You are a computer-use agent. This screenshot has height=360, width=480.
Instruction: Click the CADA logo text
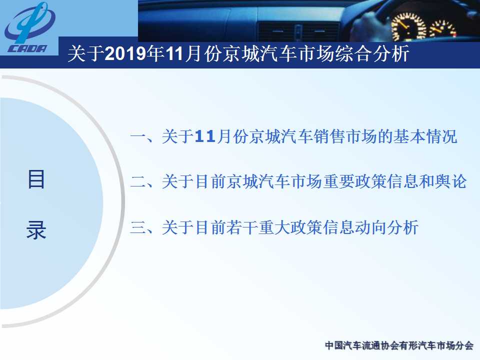pos(27,48)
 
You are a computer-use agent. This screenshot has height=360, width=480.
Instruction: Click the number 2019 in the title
pos(125,53)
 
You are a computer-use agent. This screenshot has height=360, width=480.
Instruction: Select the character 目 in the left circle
pos(36,179)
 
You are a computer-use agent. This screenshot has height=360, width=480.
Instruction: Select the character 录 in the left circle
pos(36,230)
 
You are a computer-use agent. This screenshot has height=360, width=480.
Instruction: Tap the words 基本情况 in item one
pos(425,136)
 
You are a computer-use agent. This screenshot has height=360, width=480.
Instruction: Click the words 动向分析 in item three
pos(386,227)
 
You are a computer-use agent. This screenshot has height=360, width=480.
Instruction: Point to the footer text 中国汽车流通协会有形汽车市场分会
pos(399,345)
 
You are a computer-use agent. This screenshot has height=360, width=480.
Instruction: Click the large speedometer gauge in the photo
pos(408,27)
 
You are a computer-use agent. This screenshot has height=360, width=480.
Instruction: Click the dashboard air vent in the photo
pos(298,31)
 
